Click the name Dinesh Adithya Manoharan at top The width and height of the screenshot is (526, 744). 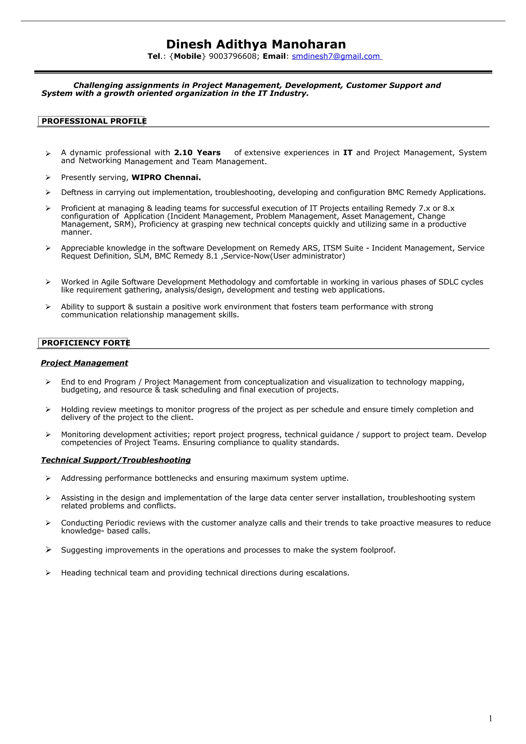(256, 44)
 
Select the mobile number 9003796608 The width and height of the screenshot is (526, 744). (232, 56)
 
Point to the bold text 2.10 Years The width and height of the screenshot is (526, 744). (197, 152)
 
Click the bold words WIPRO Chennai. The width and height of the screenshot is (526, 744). (166, 178)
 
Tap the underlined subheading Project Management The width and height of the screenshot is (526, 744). (84, 363)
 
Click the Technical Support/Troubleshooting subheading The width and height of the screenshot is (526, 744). (116, 460)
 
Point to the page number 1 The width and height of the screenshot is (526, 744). (490, 719)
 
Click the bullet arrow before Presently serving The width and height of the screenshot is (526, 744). (48, 178)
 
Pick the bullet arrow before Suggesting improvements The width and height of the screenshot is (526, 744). (48, 550)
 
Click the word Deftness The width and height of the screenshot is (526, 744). (77, 193)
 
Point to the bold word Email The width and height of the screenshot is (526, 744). (274, 56)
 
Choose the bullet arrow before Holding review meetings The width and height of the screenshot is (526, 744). (48, 409)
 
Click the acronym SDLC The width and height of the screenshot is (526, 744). (448, 282)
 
